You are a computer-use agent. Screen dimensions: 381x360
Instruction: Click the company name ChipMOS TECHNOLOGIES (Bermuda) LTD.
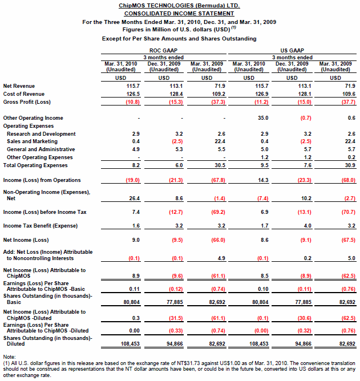point(179,5)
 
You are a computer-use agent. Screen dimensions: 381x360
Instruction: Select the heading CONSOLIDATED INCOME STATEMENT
point(179,13)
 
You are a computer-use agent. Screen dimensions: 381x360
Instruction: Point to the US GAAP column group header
point(292,51)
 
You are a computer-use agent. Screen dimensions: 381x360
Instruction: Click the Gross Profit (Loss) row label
point(27,102)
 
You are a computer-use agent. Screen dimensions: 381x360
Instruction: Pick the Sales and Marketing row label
point(32,141)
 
